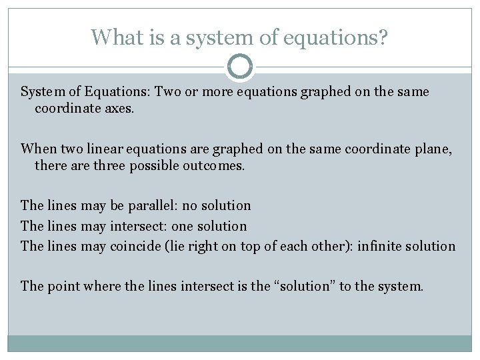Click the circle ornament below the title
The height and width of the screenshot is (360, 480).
(x=239, y=67)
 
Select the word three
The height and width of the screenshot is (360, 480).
(x=103, y=165)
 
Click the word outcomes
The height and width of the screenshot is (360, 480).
(x=213, y=165)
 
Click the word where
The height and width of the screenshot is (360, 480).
(x=101, y=287)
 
